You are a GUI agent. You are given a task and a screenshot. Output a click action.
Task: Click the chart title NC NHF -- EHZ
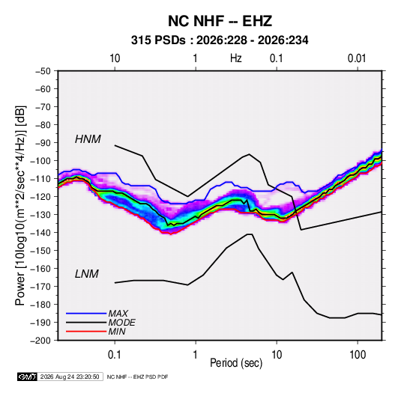[220, 21]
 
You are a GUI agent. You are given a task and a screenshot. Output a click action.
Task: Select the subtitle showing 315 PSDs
[220, 40]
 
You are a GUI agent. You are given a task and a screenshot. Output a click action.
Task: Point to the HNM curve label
[88, 139]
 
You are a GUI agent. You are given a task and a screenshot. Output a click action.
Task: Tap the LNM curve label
[87, 274]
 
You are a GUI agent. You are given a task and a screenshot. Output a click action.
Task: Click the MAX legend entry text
[118, 313]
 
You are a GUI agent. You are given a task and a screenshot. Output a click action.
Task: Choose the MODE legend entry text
[121, 323]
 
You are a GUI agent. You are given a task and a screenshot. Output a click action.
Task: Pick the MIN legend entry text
[117, 332]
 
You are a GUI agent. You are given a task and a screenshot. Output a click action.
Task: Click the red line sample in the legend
[86, 332]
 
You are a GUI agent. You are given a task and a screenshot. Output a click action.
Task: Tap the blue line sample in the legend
[86, 313]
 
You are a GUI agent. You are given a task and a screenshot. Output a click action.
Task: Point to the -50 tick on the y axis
[43, 71]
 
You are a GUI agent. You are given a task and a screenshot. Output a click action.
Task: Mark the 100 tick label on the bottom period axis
[358, 355]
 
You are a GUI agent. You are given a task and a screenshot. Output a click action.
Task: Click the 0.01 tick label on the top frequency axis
[357, 58]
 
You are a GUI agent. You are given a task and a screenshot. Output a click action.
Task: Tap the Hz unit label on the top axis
[236, 58]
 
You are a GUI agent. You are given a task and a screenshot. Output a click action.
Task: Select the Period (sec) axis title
[236, 363]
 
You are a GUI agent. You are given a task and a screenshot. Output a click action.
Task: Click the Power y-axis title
[20, 206]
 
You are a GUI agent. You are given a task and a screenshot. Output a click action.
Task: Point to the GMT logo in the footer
[28, 377]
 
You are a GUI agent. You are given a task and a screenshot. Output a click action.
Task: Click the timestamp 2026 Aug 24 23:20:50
[70, 377]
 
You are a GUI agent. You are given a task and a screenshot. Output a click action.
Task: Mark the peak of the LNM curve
[250, 234]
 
